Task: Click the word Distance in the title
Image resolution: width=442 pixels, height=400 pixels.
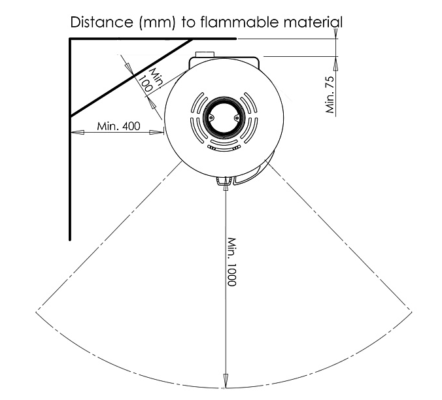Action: [x=101, y=22]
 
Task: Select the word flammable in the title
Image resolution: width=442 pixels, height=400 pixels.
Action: [x=239, y=22]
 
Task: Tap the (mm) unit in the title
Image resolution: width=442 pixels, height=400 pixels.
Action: [x=157, y=22]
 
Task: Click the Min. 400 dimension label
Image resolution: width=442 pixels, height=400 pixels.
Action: [x=118, y=126]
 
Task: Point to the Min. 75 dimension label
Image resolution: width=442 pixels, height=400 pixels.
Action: [x=330, y=94]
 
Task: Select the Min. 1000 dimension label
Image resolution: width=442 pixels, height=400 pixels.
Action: [x=231, y=261]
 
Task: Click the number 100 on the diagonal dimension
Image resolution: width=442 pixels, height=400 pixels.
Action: [x=145, y=84]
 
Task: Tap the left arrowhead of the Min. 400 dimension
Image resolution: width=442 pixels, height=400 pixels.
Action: [x=78, y=132]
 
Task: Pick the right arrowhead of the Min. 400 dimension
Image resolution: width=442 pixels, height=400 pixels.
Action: [x=156, y=132]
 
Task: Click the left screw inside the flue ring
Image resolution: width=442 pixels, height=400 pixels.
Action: [x=211, y=118]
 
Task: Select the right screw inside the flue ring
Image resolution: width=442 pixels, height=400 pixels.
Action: [x=237, y=118]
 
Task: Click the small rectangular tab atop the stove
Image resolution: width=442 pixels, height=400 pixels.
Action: [x=205, y=54]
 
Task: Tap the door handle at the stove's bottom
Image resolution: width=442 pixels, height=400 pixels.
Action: [x=225, y=181]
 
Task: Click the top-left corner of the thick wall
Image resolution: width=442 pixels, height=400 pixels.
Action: [x=70, y=39]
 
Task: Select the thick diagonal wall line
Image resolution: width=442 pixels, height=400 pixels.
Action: [x=131, y=77]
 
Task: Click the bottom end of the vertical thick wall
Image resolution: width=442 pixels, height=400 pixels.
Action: [x=70, y=240]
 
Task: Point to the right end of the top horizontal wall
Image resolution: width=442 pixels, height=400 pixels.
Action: [x=235, y=39]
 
